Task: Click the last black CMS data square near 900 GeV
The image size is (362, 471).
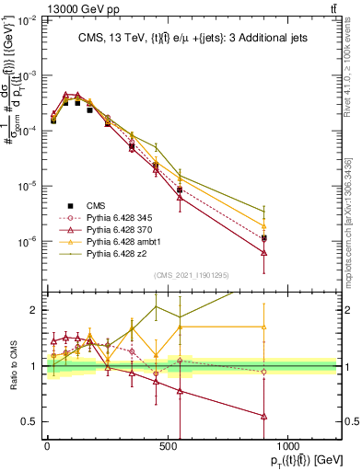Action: coord(263,238)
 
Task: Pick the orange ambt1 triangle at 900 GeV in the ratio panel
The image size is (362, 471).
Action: coord(263,327)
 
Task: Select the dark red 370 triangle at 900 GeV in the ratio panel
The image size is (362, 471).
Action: coord(263,416)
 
